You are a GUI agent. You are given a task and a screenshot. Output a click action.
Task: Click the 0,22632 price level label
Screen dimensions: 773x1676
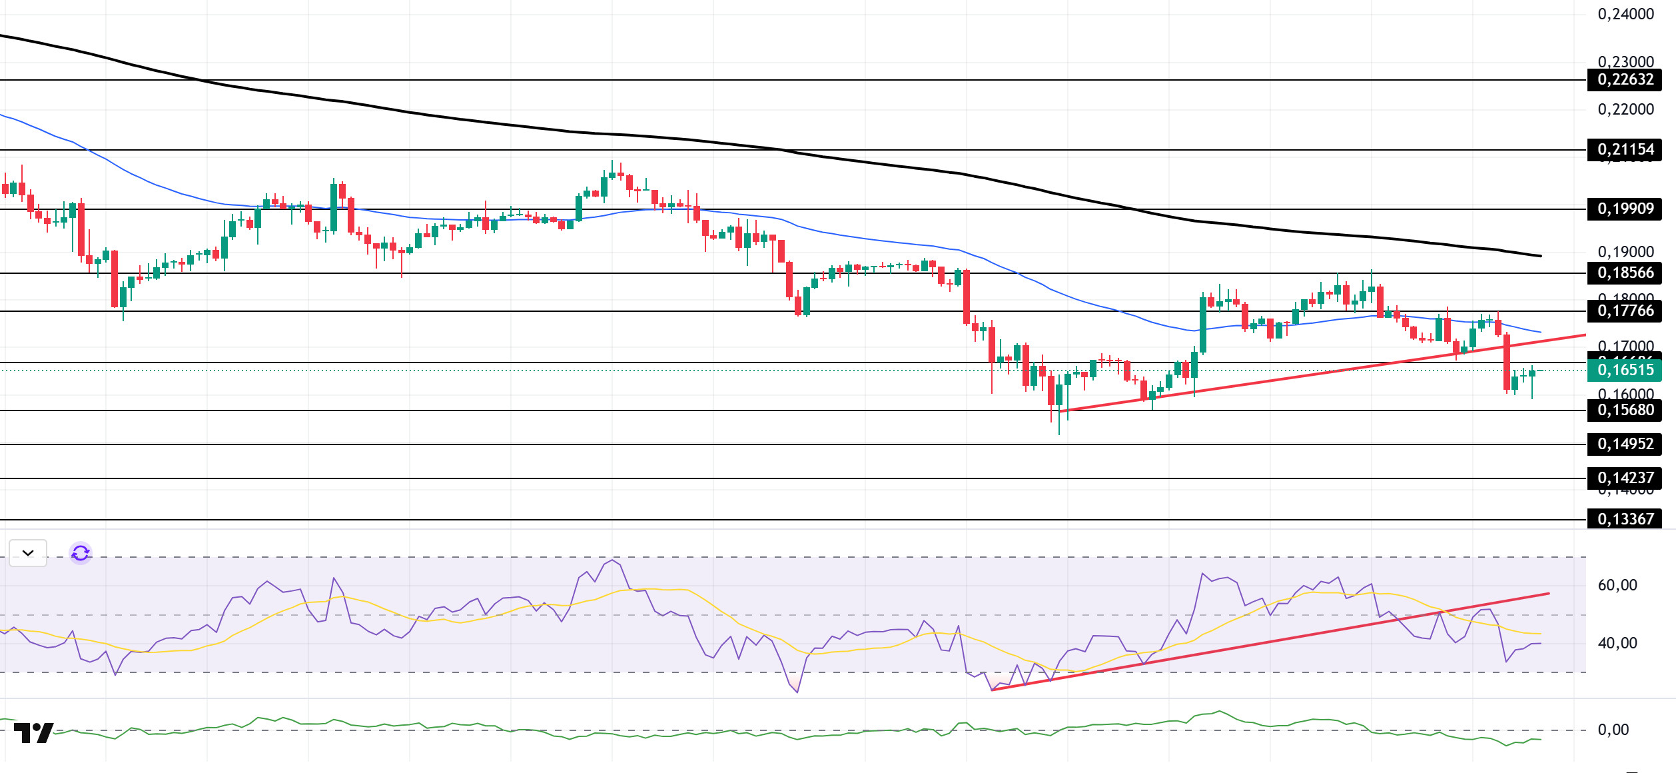point(1625,80)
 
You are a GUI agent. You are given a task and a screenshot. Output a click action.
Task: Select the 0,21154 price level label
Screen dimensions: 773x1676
point(1625,150)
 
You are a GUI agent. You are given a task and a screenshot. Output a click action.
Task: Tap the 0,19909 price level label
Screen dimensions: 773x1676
point(1625,209)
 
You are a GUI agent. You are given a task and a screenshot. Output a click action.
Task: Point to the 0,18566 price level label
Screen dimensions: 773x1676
point(1625,273)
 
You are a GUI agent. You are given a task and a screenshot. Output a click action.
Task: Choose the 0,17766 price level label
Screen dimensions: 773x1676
point(1625,311)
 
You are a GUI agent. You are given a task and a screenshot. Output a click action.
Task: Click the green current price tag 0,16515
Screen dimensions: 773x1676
point(1625,371)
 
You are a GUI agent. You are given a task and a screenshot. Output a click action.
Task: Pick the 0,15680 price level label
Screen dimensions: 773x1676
point(1625,410)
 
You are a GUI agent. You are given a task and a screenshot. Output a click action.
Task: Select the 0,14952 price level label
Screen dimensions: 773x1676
point(1625,444)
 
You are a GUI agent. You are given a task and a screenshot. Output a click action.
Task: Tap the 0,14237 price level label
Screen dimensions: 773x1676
point(1625,478)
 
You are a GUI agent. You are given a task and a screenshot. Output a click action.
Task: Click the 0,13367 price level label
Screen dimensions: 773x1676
point(1625,519)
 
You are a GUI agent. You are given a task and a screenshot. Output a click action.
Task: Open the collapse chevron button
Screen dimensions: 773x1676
point(28,553)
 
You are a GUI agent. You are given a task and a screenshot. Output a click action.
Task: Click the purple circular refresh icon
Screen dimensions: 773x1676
point(81,553)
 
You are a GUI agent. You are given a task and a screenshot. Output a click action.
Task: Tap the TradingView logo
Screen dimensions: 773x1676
point(33,733)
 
